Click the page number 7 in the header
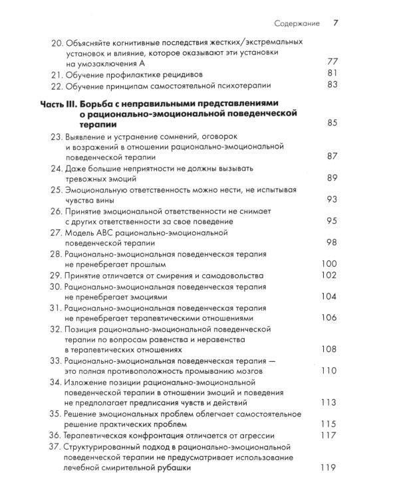click(x=336, y=24)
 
